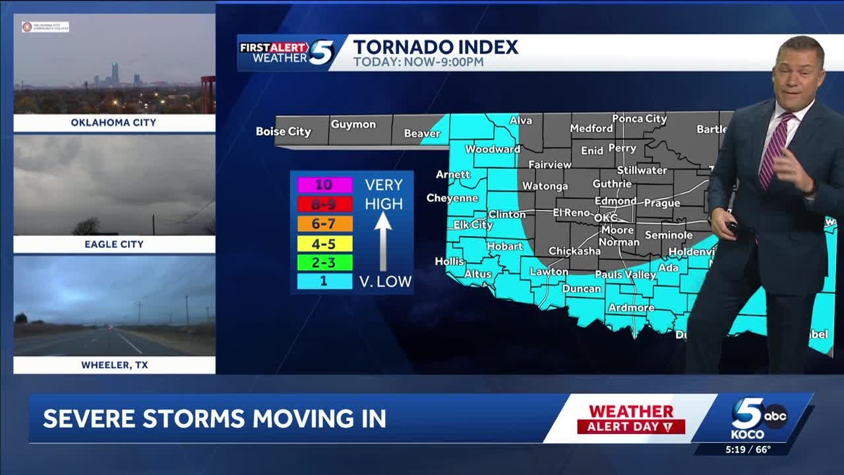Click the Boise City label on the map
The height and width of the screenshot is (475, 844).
coord(283,131)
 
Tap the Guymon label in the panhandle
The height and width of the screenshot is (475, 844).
coord(353,124)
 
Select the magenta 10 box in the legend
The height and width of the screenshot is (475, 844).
coord(324,185)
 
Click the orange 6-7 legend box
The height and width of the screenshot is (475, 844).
coord(324,224)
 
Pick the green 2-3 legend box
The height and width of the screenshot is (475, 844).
coord(324,263)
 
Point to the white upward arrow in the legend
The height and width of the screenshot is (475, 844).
coord(383,241)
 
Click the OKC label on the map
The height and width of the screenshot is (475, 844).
coord(605,218)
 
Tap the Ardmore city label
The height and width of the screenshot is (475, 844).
coord(631,307)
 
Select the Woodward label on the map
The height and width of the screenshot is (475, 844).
coord(493,149)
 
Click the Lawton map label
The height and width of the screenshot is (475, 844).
coord(549,271)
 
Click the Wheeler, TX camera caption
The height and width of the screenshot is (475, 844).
coord(114,365)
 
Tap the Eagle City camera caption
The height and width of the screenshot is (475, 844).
coord(114,244)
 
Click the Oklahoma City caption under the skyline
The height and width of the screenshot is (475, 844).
coord(114,123)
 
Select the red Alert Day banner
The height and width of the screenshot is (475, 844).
coord(631,427)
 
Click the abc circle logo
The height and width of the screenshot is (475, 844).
coord(775,416)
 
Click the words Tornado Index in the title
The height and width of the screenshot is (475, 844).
coord(435,47)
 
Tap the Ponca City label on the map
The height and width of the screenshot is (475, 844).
coord(639,119)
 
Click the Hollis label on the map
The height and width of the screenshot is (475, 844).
coord(450,261)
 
